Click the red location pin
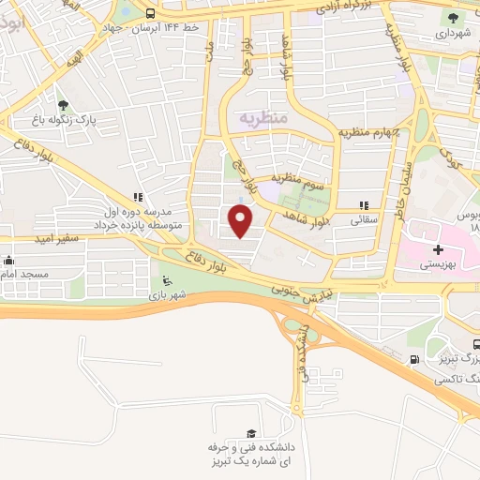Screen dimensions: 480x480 click(x=241, y=220)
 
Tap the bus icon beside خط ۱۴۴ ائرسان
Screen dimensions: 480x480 click(x=150, y=13)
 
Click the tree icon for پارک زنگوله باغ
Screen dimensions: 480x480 click(x=63, y=105)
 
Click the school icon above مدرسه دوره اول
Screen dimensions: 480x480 click(x=138, y=198)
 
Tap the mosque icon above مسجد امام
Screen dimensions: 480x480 click(x=9, y=261)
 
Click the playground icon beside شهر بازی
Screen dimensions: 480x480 click(x=167, y=280)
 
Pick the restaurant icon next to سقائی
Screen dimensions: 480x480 click(x=364, y=206)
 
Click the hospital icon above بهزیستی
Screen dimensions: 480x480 click(x=438, y=249)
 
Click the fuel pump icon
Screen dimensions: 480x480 click(x=414, y=359)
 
